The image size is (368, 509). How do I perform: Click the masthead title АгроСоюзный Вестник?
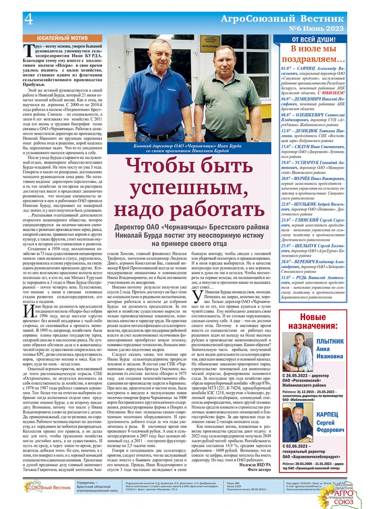[282, 19]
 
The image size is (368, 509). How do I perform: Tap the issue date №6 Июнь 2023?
[316, 29]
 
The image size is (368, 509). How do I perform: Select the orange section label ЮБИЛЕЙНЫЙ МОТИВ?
[62, 38]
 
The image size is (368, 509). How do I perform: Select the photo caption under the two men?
[187, 148]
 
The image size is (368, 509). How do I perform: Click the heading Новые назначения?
[313, 321]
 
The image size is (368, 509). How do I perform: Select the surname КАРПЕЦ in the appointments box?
[327, 415]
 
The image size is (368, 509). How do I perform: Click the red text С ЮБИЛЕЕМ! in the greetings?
[331, 93]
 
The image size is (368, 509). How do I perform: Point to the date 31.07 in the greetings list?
[286, 278]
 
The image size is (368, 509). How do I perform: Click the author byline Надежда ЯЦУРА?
[255, 465]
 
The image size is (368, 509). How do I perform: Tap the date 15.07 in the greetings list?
[286, 147]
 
